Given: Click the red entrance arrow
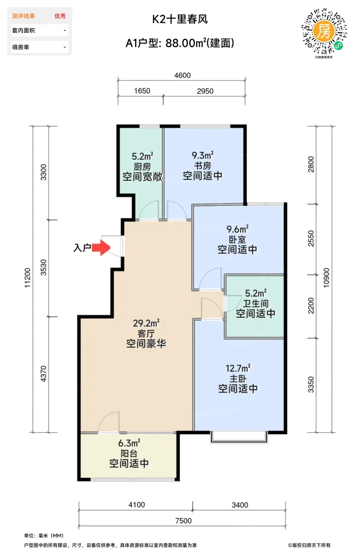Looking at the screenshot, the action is click(x=101, y=248).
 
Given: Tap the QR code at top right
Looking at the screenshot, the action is click(x=324, y=31).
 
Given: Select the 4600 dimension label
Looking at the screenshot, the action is click(x=183, y=75).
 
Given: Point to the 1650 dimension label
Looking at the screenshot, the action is click(x=142, y=91).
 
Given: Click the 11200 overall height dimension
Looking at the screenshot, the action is click(x=27, y=277).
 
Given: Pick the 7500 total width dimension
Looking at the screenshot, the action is click(x=183, y=521).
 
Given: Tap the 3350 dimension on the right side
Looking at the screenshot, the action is click(x=311, y=385).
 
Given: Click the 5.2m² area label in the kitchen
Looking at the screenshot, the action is click(x=142, y=156).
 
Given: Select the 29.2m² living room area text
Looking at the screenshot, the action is click(x=146, y=323).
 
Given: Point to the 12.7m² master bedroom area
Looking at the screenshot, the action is click(x=238, y=368).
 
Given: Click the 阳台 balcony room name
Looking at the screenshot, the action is click(x=129, y=453).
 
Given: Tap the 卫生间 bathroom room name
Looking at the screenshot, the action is click(x=256, y=304).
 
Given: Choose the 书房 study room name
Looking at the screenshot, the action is click(x=202, y=166).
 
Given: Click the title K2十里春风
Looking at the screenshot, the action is click(x=180, y=19).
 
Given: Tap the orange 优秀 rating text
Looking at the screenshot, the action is click(x=60, y=16).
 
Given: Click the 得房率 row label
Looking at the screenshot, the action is click(x=21, y=47).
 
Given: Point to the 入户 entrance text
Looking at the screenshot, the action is click(x=82, y=248).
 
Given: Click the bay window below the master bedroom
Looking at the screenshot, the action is click(x=239, y=437).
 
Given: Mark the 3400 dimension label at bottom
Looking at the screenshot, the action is click(x=240, y=505).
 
